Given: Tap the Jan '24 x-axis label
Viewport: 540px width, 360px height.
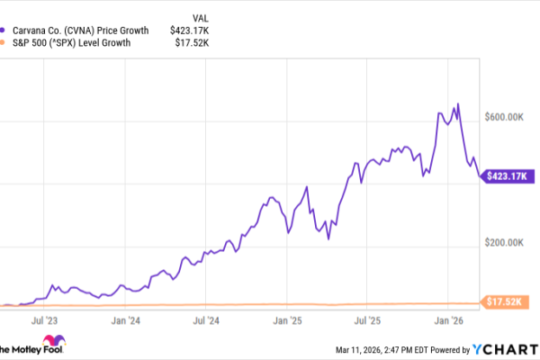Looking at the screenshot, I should click(x=125, y=319).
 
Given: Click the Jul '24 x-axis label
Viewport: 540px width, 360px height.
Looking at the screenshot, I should click(x=207, y=319).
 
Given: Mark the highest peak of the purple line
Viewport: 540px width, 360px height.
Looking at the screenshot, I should click(x=458, y=104).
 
